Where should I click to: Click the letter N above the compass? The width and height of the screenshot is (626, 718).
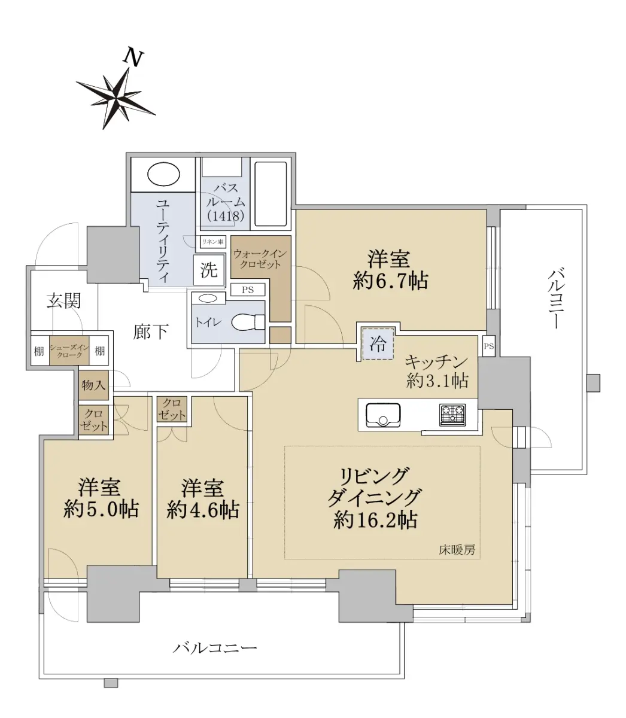point(133,59)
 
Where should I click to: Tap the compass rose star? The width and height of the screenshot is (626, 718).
point(115,98)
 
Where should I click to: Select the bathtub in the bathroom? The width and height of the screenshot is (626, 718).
point(271,194)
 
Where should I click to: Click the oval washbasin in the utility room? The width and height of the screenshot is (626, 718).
point(163,174)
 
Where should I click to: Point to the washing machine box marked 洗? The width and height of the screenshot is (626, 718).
point(209,270)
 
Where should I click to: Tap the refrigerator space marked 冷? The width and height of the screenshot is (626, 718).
point(378,344)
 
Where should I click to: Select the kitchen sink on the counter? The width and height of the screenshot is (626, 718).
point(383,415)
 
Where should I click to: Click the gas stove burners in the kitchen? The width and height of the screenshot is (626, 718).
point(452,415)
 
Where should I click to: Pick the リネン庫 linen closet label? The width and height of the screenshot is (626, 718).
point(212,242)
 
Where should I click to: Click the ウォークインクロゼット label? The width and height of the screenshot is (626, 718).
point(260,258)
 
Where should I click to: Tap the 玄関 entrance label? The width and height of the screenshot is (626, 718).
point(64,301)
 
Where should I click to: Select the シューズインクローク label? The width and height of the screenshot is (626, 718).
point(69,351)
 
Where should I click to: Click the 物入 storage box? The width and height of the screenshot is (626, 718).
point(93,385)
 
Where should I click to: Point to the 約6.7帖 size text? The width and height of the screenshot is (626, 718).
point(391,281)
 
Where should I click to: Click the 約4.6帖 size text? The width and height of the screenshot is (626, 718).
point(203,510)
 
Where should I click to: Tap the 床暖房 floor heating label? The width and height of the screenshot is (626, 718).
point(457,549)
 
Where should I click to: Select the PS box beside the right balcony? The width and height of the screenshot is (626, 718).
point(489,346)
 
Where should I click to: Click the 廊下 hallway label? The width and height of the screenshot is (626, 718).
point(151,331)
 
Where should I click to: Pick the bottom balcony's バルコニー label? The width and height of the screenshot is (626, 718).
point(215,647)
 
